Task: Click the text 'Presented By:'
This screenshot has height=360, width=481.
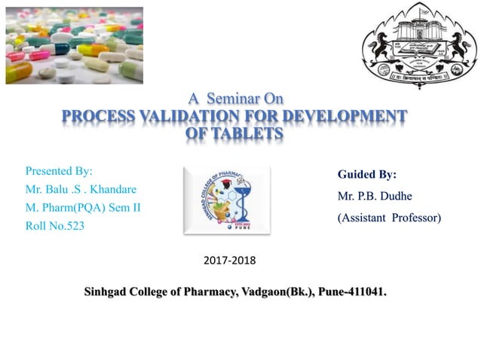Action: click(59, 171)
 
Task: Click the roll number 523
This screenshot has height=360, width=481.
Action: click(74, 225)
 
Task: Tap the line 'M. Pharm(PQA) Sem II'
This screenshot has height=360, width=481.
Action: click(83, 207)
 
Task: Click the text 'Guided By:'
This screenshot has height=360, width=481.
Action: click(367, 175)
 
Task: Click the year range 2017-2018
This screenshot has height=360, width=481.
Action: click(230, 261)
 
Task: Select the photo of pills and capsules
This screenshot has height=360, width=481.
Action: click(74, 45)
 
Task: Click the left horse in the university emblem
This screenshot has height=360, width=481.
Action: click(380, 44)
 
